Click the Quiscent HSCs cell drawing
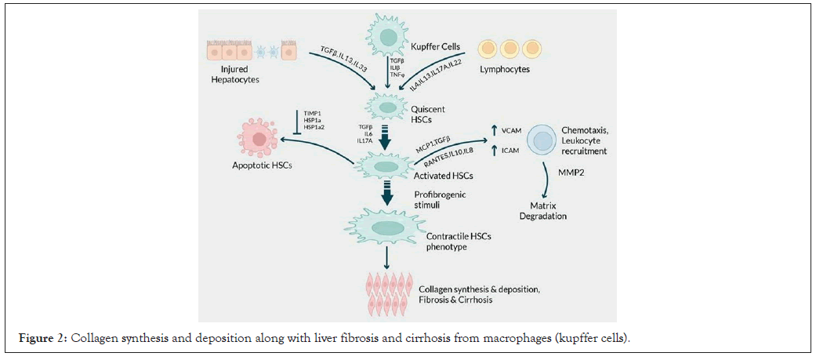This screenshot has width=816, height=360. [386, 105]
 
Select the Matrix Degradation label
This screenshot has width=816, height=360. [546, 210]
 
